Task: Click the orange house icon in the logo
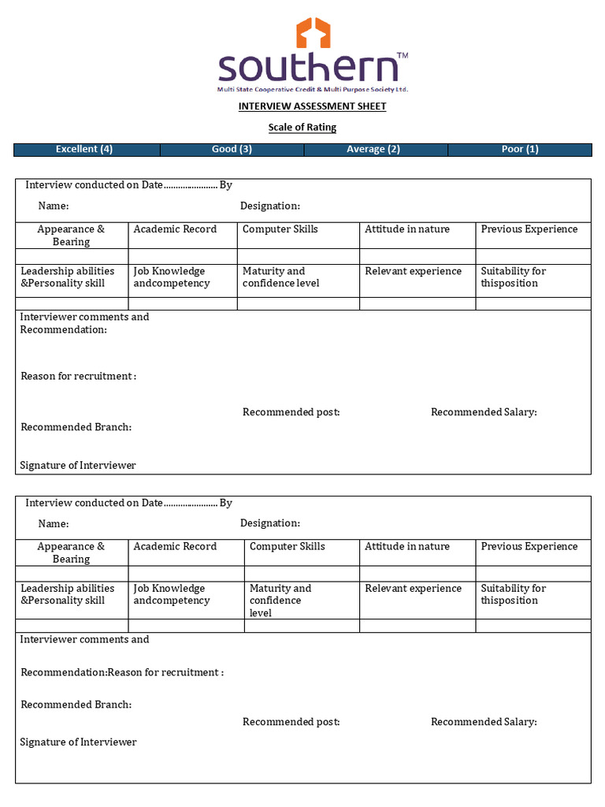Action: (313, 33)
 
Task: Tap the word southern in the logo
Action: (308, 68)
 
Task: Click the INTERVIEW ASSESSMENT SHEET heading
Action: (313, 106)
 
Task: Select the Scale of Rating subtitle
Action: (302, 128)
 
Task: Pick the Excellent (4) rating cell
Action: (84, 149)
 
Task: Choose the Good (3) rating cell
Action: (232, 149)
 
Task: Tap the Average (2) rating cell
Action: (373, 149)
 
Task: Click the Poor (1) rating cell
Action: (520, 149)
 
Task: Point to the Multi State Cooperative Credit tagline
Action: (313, 90)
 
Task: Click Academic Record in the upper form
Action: (175, 229)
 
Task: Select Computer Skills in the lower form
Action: (287, 547)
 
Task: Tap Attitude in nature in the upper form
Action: (407, 229)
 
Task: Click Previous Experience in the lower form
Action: (529, 547)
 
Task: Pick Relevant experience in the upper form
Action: (414, 271)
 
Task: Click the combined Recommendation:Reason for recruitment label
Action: (122, 673)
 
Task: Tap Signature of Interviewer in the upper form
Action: (78, 466)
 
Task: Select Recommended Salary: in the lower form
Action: (484, 722)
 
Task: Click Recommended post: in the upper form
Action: (291, 412)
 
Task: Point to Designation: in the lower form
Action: (270, 523)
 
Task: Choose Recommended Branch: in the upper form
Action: (76, 427)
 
